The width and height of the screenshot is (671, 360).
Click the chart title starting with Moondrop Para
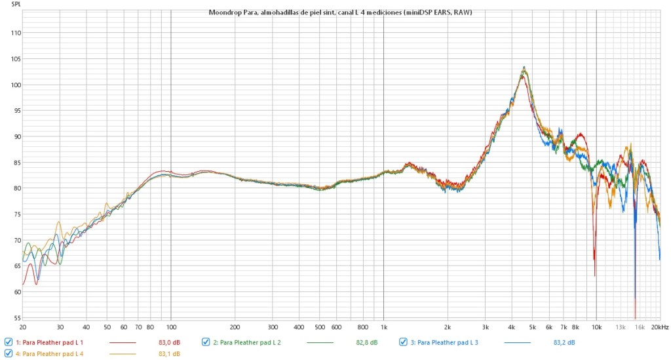340,12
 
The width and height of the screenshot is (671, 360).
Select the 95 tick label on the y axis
15,111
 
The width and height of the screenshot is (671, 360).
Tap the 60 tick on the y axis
15,292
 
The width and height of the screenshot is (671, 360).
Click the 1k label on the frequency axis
384,327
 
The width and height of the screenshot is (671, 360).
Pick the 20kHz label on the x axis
660,327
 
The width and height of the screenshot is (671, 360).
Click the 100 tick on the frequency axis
171,327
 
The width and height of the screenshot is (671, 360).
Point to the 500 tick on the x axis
320,327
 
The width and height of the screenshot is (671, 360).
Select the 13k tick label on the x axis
621,327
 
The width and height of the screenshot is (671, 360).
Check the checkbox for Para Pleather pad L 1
8,342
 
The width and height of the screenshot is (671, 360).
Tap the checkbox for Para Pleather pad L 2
206,342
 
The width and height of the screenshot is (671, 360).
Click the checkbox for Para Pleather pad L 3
404,342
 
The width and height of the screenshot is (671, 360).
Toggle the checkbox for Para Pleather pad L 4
8,353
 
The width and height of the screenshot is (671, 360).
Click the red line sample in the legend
123,342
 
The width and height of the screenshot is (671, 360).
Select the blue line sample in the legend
518,342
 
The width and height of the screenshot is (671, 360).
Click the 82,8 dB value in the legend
367,342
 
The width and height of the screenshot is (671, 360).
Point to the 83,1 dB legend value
169,354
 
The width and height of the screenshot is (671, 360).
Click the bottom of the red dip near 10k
594,275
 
